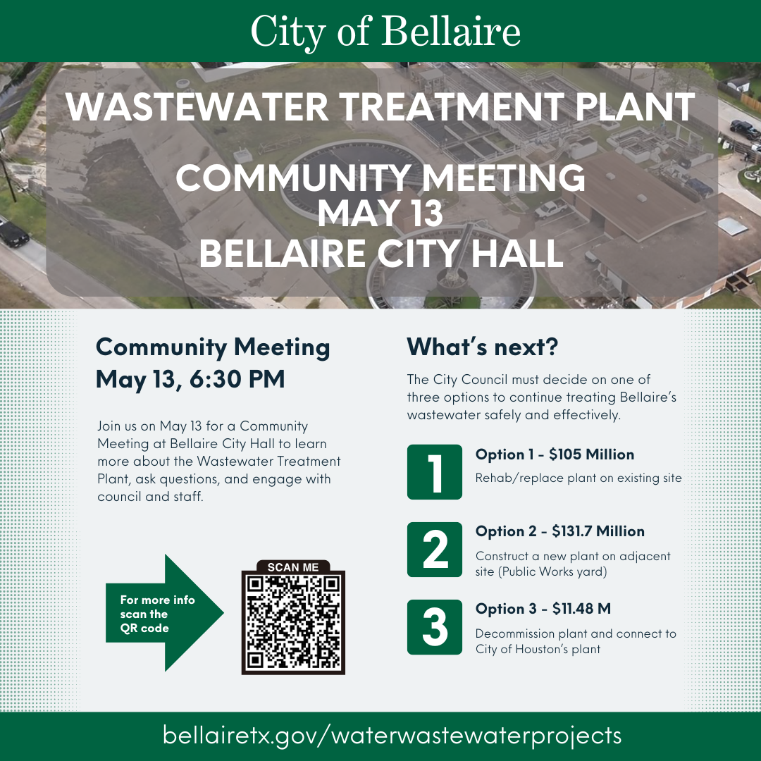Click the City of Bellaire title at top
tap(385, 32)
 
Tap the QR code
tap(293, 622)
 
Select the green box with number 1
tap(435, 472)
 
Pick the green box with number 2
tap(435, 550)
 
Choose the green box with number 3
tap(435, 627)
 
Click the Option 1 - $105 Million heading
tap(555, 454)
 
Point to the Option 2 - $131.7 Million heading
tap(559, 531)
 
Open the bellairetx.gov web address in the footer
tap(392, 736)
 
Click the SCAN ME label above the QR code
tap(293, 567)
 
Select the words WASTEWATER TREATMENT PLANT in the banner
tap(381, 106)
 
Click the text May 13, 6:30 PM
tap(190, 379)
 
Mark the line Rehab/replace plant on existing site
tap(579, 478)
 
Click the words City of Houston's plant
tap(538, 649)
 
